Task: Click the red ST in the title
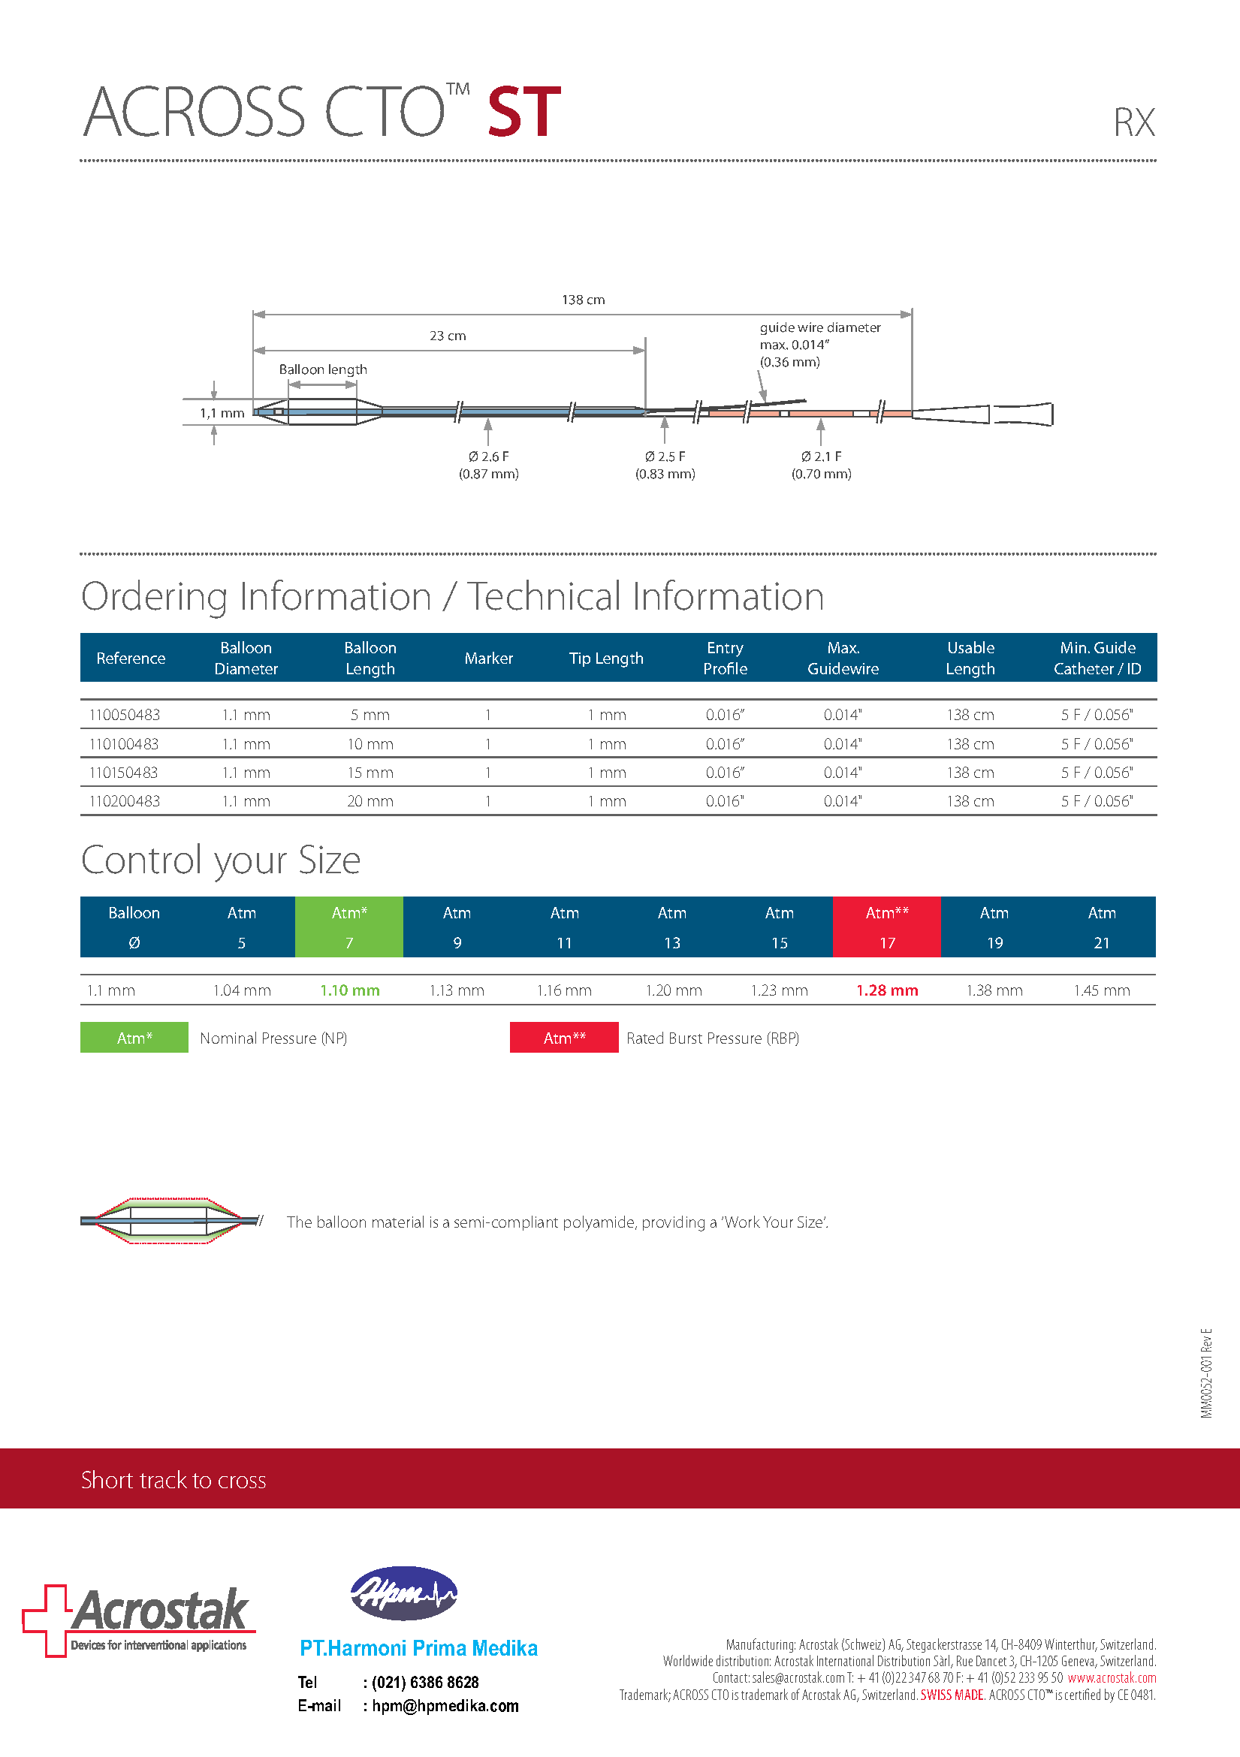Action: (x=524, y=113)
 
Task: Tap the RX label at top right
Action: (x=1133, y=123)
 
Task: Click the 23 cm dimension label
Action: (x=448, y=336)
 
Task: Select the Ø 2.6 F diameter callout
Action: (x=488, y=465)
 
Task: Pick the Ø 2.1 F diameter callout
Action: (x=822, y=465)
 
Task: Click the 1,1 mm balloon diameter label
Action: (x=222, y=413)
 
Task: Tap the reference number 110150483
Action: (x=124, y=773)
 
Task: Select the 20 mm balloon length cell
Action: (x=370, y=801)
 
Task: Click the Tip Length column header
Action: (x=606, y=658)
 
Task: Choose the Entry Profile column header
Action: (x=725, y=658)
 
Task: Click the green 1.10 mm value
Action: (x=350, y=990)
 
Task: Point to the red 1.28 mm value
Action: (x=887, y=990)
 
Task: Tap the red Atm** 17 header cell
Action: (x=887, y=927)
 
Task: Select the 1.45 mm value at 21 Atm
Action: (x=1102, y=990)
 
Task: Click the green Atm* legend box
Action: (x=134, y=1038)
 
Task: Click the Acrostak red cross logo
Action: (x=46, y=1620)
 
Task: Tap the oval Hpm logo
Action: (x=403, y=1593)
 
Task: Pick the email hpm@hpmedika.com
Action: (x=445, y=1706)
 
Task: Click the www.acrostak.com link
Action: (x=1112, y=1678)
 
